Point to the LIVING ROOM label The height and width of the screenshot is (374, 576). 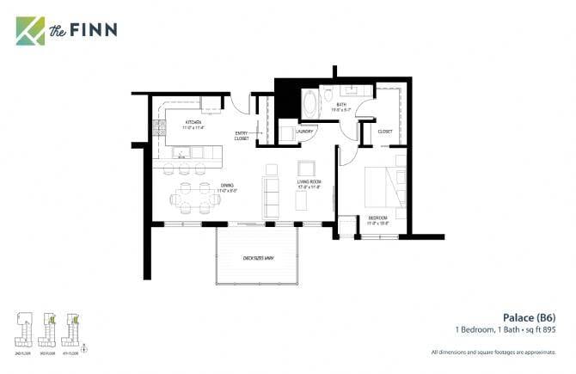pyautogui.click(x=309, y=183)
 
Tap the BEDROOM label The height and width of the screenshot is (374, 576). pyautogui.click(x=378, y=218)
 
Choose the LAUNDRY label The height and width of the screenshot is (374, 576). pyautogui.click(x=305, y=132)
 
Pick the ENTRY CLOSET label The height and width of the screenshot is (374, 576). pyautogui.click(x=242, y=136)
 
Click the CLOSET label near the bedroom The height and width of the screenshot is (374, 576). pyautogui.click(x=385, y=132)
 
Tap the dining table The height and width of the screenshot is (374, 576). pyautogui.click(x=192, y=197)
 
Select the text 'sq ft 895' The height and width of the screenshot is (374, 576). pyautogui.click(x=542, y=329)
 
